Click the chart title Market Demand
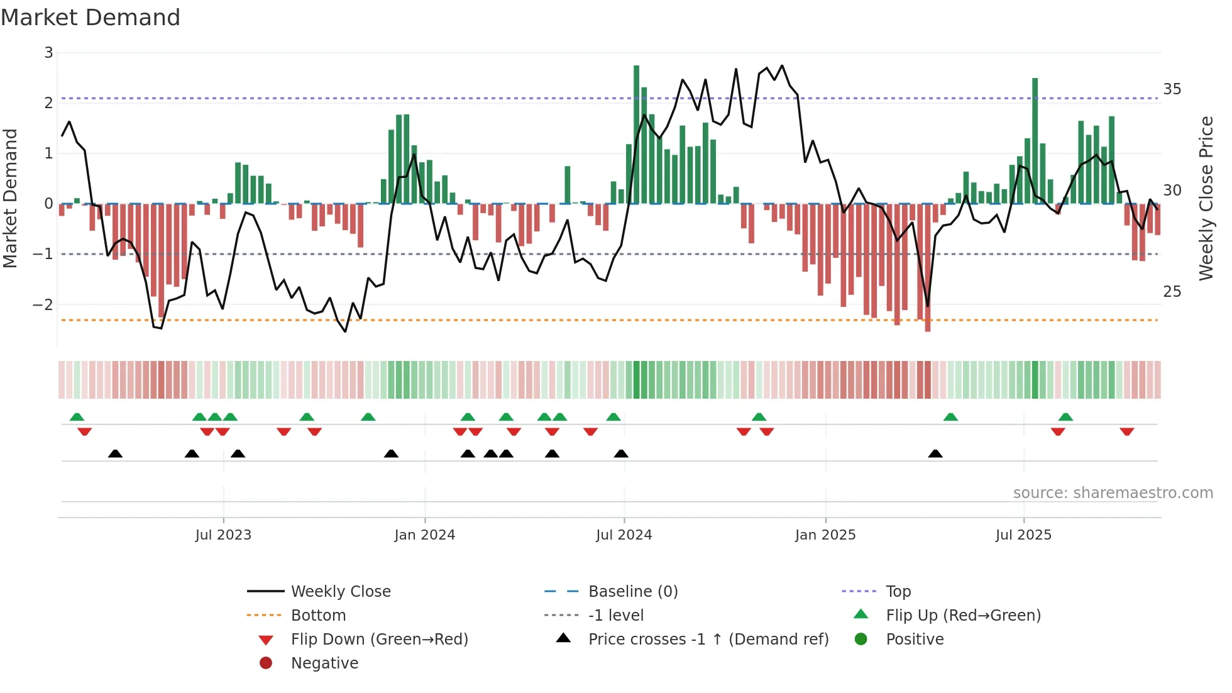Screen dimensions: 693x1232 click(91, 18)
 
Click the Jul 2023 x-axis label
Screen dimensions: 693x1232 click(223, 535)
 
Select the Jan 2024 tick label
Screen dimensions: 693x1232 click(424, 535)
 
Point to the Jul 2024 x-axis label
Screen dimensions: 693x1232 click(624, 535)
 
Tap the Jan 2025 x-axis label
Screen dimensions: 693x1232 click(825, 535)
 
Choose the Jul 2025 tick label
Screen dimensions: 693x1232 click(1023, 535)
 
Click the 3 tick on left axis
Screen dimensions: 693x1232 click(48, 53)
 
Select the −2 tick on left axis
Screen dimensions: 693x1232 click(43, 305)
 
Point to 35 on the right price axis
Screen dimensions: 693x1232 click(1172, 89)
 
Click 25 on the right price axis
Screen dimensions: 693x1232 click(1172, 292)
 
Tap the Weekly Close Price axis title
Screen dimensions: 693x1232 click(1206, 198)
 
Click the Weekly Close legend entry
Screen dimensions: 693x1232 click(340, 592)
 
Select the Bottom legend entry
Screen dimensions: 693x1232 click(318, 616)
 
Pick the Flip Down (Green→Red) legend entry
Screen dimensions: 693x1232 click(379, 640)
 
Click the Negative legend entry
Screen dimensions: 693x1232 click(324, 663)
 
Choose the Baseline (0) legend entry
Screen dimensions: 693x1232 click(632, 592)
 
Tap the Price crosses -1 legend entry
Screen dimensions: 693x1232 click(708, 640)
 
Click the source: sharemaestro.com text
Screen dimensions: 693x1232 click(1113, 493)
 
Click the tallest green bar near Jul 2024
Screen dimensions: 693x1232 click(636, 135)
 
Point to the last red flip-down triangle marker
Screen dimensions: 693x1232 click(1126, 431)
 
